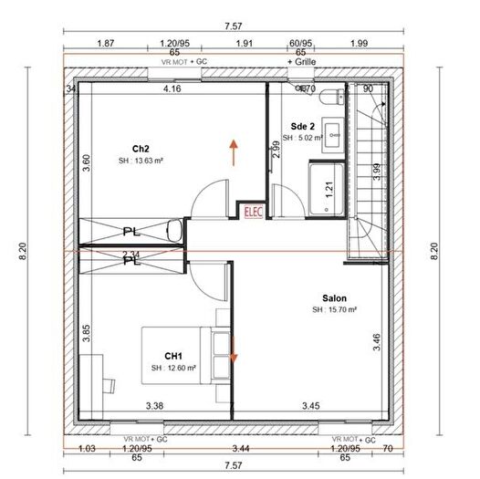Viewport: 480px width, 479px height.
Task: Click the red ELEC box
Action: (253, 212)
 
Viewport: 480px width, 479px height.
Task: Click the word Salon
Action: (334, 298)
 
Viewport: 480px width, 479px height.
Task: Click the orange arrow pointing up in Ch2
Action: (235, 151)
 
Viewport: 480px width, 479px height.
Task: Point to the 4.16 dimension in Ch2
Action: (172, 90)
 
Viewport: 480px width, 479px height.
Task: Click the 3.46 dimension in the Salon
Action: (377, 343)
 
